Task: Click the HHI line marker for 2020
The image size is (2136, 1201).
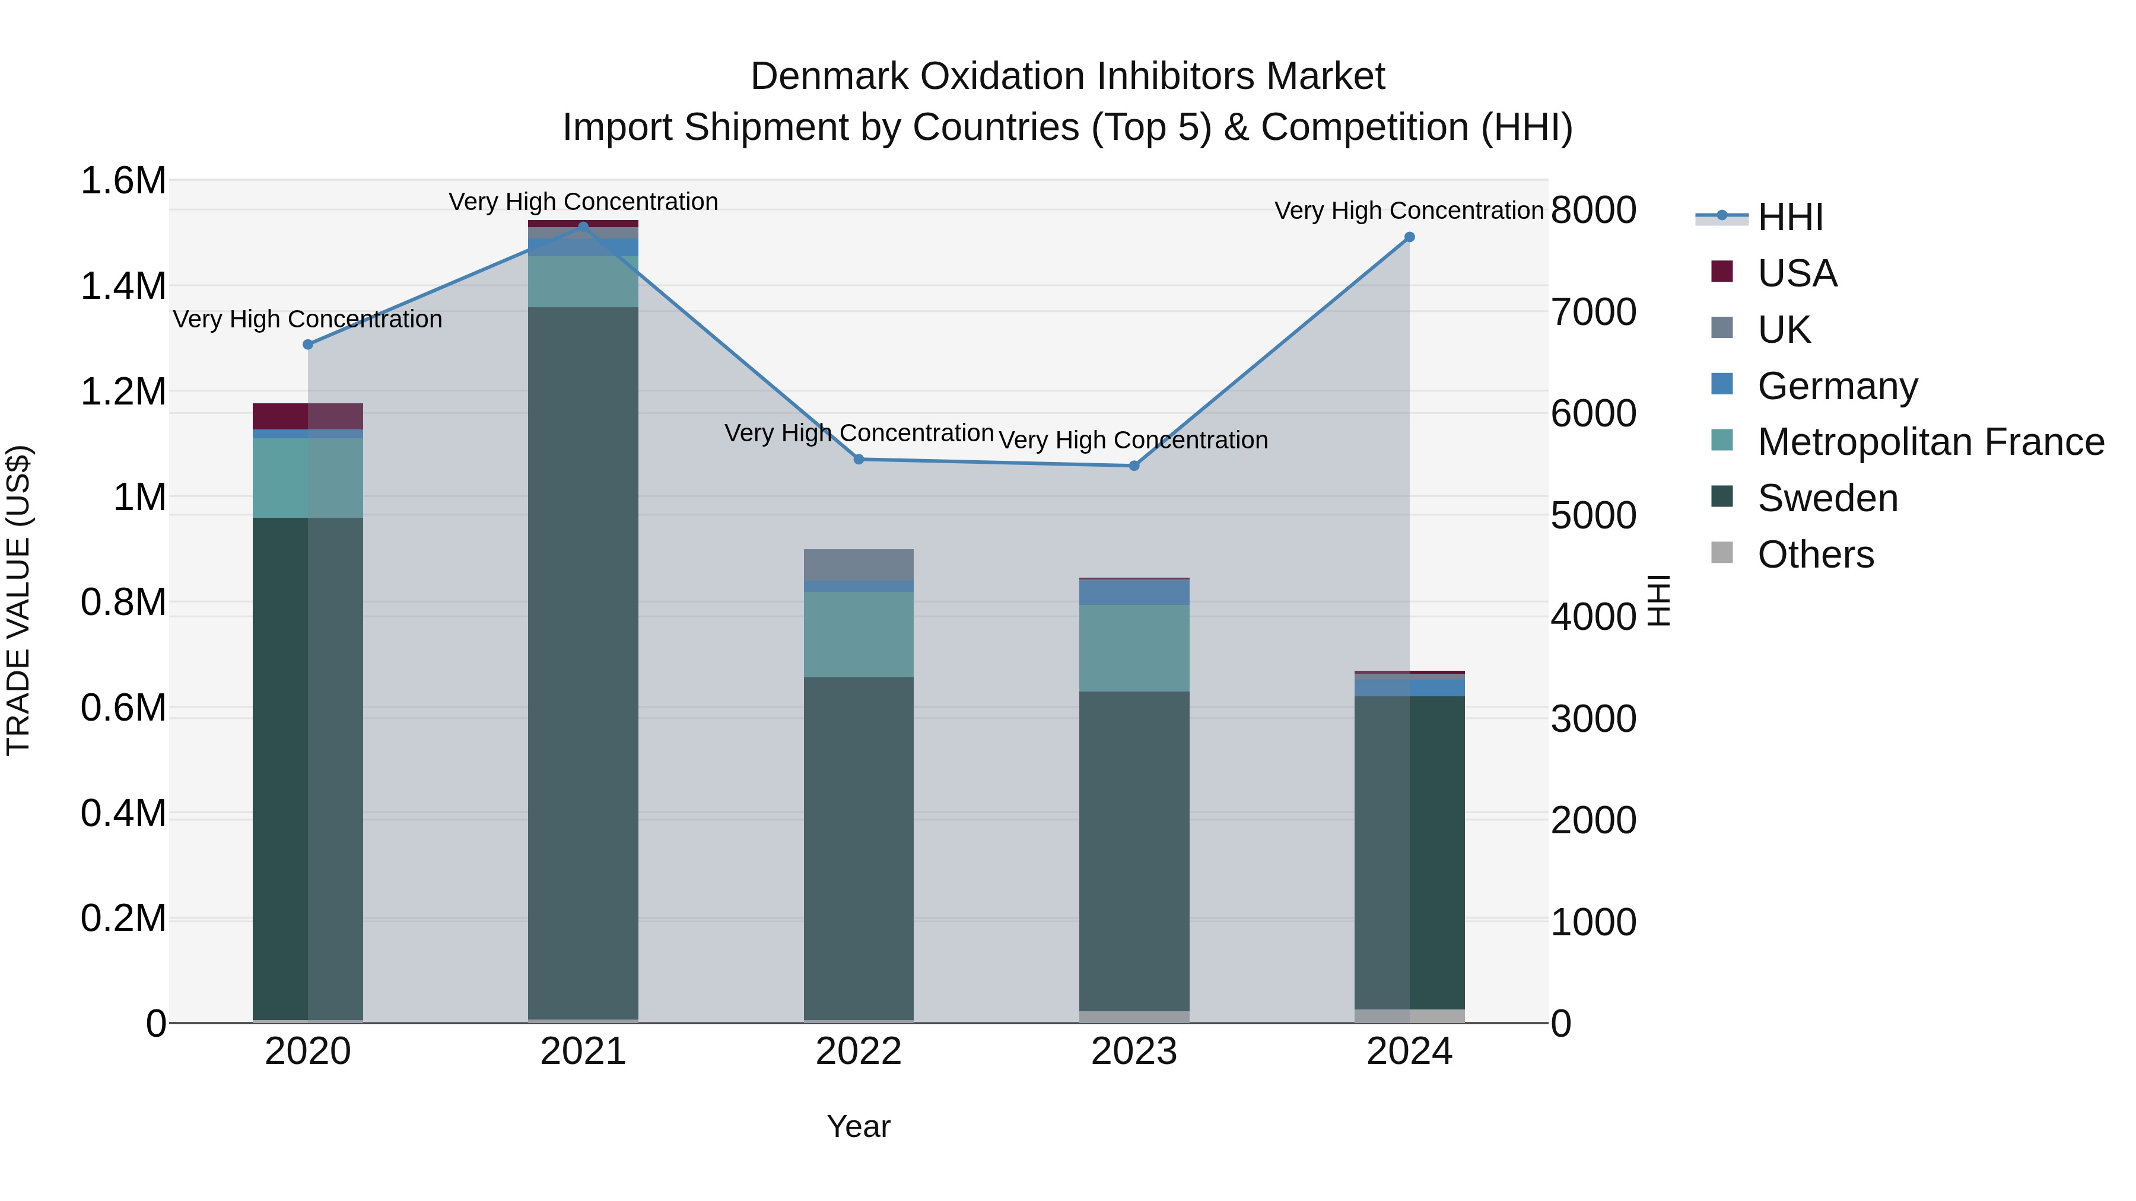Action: (307, 344)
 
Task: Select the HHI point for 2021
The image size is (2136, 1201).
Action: (583, 227)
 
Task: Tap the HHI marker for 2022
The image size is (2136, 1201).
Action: (859, 459)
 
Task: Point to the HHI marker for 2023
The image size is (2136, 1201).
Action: (1134, 466)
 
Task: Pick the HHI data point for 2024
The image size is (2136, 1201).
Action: (1410, 237)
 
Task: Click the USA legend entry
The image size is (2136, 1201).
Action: (1796, 273)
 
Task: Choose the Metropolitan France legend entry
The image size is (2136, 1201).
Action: (1930, 442)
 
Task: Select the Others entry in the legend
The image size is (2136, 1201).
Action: (1815, 555)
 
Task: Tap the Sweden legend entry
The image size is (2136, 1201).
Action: (1827, 498)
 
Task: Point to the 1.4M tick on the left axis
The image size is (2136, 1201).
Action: (123, 286)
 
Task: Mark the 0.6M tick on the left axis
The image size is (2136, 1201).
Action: (123, 709)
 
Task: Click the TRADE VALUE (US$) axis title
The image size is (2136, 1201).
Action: (18, 601)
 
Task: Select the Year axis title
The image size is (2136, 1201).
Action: (858, 1126)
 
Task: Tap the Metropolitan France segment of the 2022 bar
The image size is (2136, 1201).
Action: (859, 634)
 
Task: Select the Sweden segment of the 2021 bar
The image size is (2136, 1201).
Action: (583, 663)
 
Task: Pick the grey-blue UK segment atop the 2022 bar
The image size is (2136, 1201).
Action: (859, 565)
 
